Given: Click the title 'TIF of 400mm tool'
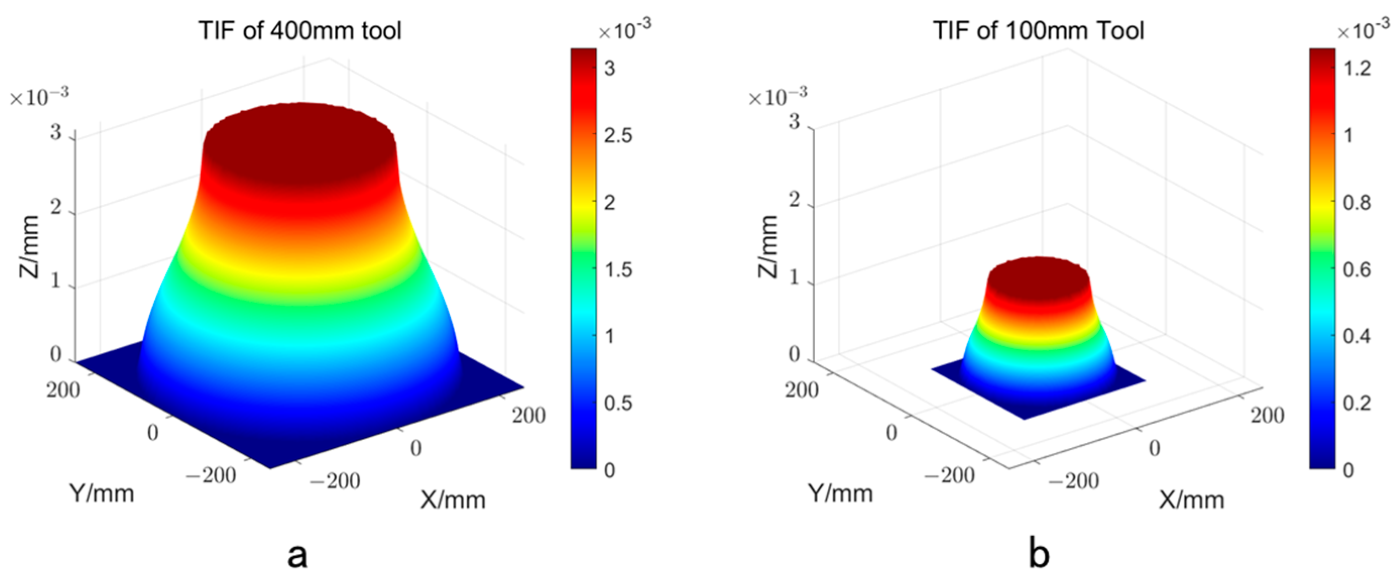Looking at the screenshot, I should coord(299,30).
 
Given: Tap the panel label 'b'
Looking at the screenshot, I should coord(1039,554).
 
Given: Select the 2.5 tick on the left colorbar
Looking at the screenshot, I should coord(618,136).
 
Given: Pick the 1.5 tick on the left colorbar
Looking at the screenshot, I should coord(618,270).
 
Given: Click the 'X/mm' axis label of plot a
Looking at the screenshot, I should coord(453,500).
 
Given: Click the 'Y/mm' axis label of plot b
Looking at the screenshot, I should coord(840,494).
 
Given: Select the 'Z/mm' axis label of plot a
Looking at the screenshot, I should coord(29,247).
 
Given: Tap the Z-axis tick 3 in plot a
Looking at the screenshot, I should coord(56,132).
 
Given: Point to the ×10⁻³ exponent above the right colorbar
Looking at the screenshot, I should coord(1362,31).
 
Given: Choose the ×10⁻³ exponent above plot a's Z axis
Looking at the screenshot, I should coord(39,97).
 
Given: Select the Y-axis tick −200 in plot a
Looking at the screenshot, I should coord(211,475).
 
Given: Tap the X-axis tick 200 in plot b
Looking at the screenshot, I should coord(1267,416).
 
